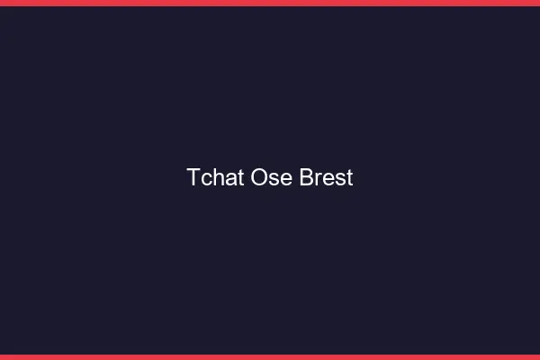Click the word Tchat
coord(213,178)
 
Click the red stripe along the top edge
coord(270,3)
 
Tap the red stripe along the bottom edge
coord(270,356)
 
